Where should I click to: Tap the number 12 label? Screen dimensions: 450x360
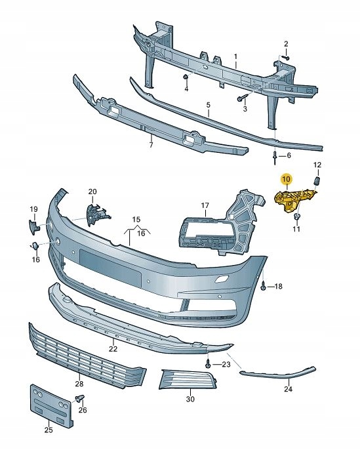[317, 164]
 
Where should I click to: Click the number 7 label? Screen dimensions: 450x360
[150, 144]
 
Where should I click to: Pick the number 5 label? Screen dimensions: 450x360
[208, 105]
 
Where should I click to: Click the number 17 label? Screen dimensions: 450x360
[205, 205]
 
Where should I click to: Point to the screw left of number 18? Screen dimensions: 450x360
[263, 286]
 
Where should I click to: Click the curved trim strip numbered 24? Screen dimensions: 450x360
[275, 373]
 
